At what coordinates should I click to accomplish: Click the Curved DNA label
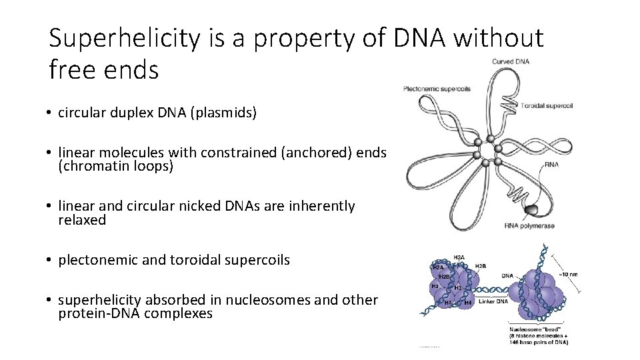511,62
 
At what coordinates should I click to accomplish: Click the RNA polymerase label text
530,226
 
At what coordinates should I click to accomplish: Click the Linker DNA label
493,301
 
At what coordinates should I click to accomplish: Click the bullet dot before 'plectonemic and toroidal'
51,260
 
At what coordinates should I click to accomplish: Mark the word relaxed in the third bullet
82,220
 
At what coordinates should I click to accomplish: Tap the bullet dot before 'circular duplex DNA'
51,113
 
